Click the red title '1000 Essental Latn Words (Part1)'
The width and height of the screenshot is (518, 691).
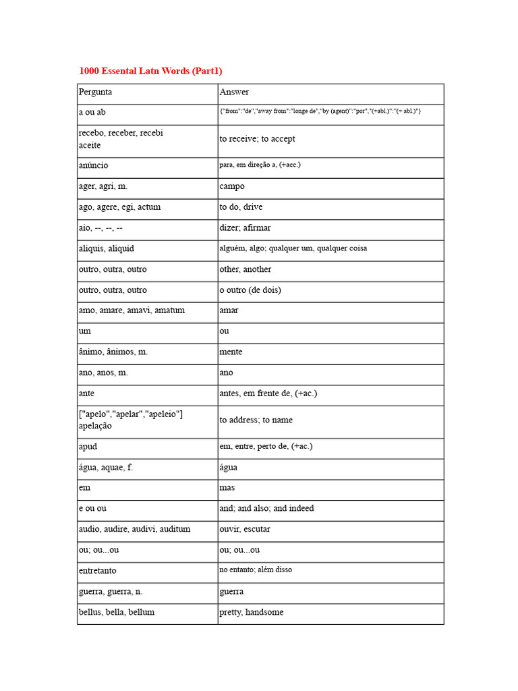(x=150, y=71)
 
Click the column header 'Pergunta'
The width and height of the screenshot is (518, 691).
(x=95, y=92)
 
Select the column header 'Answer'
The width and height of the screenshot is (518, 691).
(x=234, y=92)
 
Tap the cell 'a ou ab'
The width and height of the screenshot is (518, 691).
(x=92, y=112)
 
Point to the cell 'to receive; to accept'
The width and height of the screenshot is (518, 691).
(x=257, y=139)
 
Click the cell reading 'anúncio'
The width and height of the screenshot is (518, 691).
(x=93, y=165)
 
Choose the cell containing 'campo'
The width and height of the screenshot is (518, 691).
(x=232, y=186)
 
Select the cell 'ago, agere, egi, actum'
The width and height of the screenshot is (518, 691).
(x=119, y=207)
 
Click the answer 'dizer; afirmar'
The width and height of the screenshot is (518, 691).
(x=245, y=228)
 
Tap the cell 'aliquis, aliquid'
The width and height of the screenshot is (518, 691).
(x=106, y=248)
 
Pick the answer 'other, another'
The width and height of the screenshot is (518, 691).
(x=245, y=269)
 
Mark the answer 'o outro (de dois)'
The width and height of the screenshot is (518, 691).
(x=250, y=290)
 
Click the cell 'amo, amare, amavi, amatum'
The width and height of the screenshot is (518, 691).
(x=132, y=310)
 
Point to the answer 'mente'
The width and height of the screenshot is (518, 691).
(x=231, y=352)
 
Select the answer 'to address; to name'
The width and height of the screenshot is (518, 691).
(x=256, y=420)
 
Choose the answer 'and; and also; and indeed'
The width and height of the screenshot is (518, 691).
(x=266, y=508)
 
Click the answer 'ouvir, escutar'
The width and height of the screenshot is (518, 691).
(x=245, y=529)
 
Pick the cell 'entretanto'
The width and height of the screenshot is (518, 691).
(x=97, y=571)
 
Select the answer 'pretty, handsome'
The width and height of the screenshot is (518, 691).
(x=251, y=612)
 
